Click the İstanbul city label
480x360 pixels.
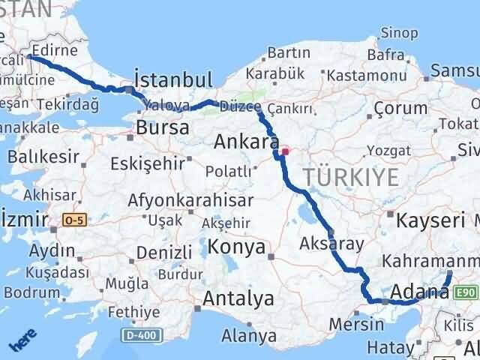click(172, 79)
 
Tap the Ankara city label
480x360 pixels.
click(242, 141)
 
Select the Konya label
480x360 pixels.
click(238, 247)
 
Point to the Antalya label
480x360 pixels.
click(239, 299)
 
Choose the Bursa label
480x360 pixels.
click(162, 127)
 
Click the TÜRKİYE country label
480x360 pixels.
click(350, 177)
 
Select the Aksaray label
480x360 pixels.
click(331, 243)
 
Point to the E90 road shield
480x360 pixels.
click(465, 292)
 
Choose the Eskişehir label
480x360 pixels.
click(146, 163)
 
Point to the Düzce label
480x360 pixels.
click(240, 108)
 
